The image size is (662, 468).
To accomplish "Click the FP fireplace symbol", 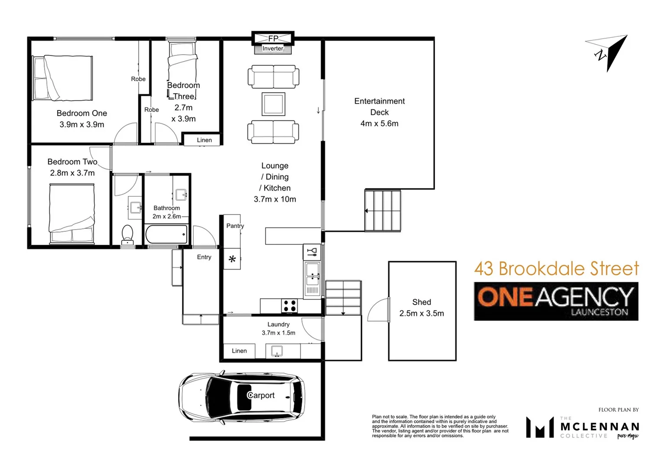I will click(x=273, y=38).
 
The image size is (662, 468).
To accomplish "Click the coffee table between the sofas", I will click(x=273, y=104).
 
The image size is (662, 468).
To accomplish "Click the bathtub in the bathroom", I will click(x=166, y=234).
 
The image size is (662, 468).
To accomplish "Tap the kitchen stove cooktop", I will click(x=289, y=306).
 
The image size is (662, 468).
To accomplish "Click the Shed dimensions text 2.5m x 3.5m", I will click(x=422, y=313).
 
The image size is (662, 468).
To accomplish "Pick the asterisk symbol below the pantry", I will click(x=232, y=260).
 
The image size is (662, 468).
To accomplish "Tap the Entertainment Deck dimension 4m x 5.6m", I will click(x=379, y=123).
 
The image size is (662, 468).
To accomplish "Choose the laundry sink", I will click(x=277, y=351).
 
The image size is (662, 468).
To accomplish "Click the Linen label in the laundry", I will click(x=239, y=351).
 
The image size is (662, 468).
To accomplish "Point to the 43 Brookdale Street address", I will click(x=556, y=269).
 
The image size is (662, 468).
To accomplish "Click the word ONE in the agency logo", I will click(x=505, y=297).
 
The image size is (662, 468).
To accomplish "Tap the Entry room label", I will click(x=204, y=257).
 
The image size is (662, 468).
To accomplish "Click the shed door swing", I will click(x=378, y=310).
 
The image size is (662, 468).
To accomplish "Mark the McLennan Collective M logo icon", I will click(x=539, y=427).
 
